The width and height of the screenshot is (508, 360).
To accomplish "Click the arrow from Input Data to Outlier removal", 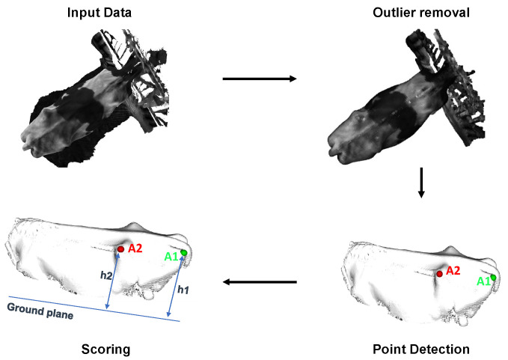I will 260,78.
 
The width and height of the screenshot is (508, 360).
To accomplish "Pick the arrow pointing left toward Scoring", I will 260,282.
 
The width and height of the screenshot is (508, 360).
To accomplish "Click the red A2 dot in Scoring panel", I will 120,248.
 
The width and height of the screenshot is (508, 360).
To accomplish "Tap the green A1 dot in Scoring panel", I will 184,253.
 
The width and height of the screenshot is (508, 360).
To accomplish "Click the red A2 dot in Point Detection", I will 439,274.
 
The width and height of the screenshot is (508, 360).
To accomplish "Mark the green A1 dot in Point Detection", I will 493,278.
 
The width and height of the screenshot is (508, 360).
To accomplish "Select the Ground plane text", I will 40,310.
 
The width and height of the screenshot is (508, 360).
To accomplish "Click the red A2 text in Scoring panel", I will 135,248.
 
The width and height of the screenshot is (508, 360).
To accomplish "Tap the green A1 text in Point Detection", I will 483,281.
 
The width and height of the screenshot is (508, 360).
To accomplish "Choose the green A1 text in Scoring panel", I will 171,257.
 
